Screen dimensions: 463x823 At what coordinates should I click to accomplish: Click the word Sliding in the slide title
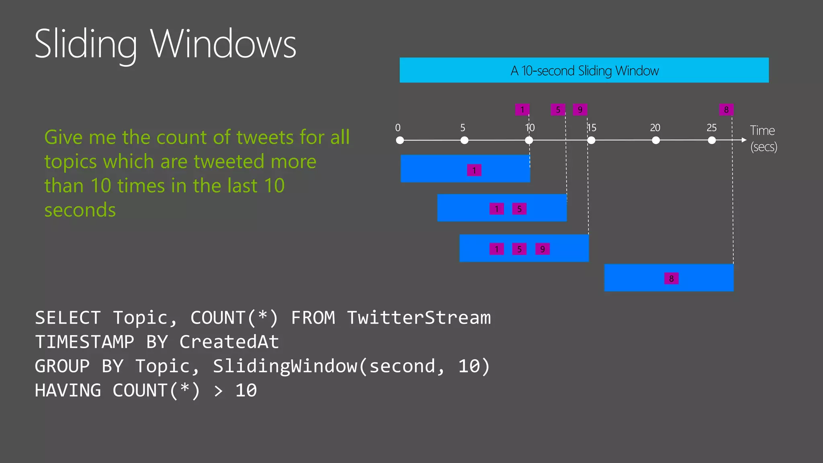point(86,44)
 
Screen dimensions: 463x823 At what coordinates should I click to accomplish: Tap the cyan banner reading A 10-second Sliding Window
point(584,70)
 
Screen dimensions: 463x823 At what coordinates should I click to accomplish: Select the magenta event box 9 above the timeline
point(580,109)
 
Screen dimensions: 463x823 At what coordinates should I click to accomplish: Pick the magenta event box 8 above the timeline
point(726,109)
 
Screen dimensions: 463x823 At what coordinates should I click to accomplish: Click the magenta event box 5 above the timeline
point(558,109)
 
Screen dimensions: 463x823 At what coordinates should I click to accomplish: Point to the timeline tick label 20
point(655,128)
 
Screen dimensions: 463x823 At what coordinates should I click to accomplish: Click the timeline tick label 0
point(398,128)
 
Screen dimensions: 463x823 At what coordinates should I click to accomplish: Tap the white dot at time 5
point(464,140)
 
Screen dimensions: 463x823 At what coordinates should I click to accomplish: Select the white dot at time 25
point(712,140)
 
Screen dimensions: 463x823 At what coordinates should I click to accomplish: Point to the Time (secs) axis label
point(763,138)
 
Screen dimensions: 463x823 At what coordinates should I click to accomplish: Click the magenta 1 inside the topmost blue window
point(474,170)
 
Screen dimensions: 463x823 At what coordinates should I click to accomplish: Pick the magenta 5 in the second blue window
point(519,209)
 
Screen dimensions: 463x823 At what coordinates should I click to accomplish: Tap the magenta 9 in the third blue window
point(543,249)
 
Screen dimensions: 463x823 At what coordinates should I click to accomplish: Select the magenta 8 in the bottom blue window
point(671,279)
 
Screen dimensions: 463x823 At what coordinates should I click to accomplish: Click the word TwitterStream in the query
point(419,318)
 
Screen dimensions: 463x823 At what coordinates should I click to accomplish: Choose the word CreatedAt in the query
point(229,342)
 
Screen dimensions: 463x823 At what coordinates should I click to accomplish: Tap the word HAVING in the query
point(68,390)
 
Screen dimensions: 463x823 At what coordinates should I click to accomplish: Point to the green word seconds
point(80,210)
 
